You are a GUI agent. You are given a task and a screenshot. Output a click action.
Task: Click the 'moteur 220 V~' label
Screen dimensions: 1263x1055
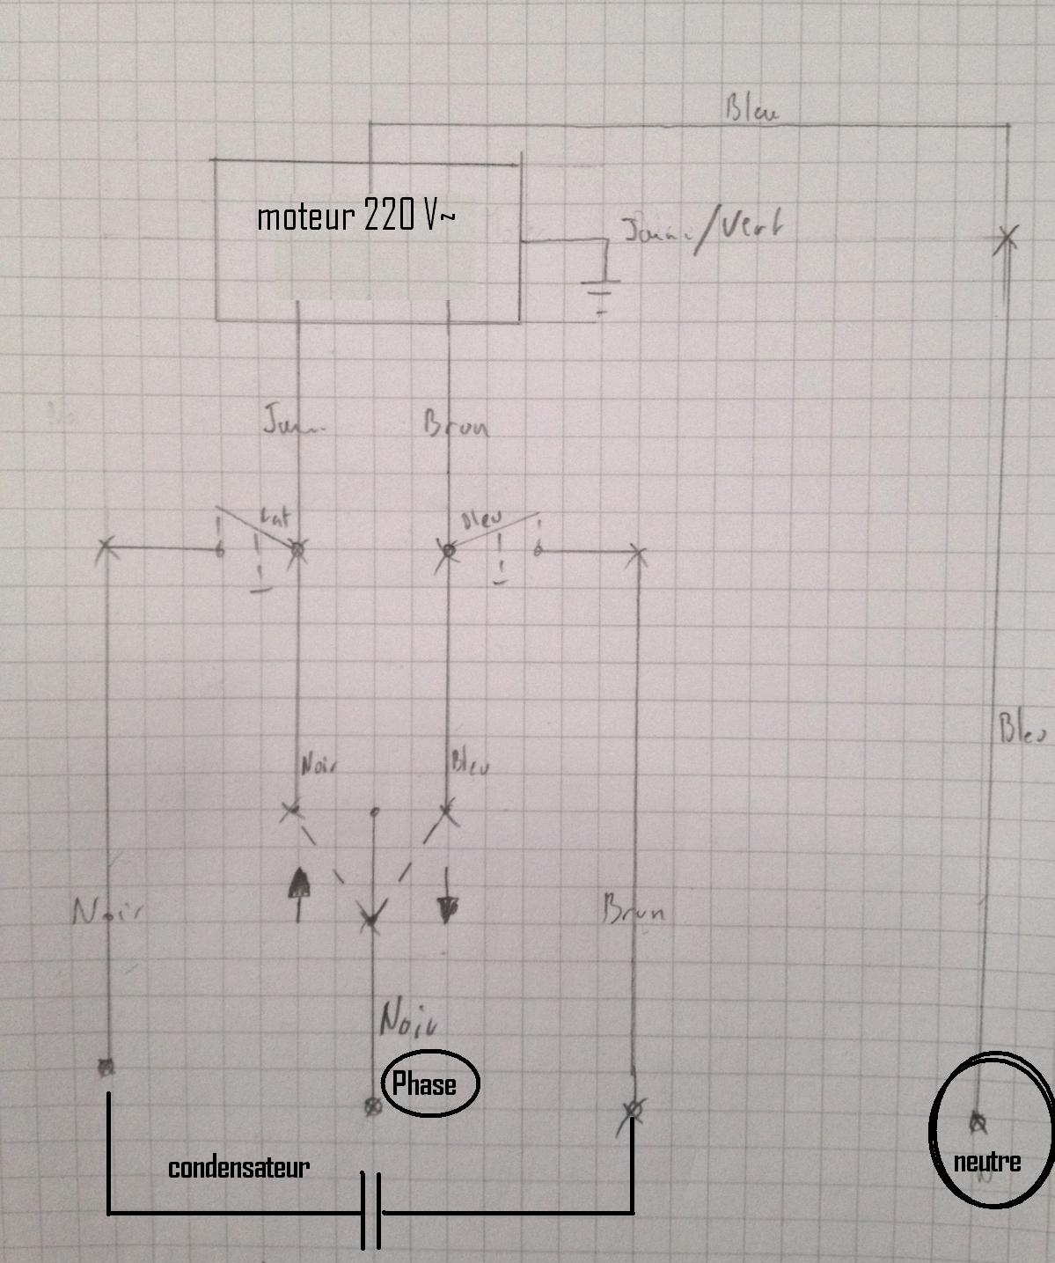point(355,217)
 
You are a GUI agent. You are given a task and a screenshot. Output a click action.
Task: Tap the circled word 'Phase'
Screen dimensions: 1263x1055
point(424,1083)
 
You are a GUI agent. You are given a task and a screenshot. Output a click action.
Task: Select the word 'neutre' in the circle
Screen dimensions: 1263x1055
point(986,1162)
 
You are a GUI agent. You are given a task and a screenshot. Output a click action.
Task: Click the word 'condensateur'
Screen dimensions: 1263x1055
point(238,1168)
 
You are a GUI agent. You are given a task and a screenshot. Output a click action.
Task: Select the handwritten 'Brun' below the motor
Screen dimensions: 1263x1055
point(456,425)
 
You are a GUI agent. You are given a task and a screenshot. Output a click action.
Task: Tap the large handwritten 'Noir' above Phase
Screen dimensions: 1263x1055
point(408,1020)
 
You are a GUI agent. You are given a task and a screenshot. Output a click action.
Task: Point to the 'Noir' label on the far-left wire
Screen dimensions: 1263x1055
point(107,912)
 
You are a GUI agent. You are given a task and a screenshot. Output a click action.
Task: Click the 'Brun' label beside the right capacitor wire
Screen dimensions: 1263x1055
point(634,908)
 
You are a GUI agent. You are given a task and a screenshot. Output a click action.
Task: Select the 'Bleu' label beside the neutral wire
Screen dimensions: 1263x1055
point(1022,731)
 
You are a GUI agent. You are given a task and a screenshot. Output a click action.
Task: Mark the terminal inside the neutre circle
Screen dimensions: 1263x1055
point(978,1122)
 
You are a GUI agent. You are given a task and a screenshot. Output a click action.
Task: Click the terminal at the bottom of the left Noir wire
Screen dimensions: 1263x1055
point(106,1068)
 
